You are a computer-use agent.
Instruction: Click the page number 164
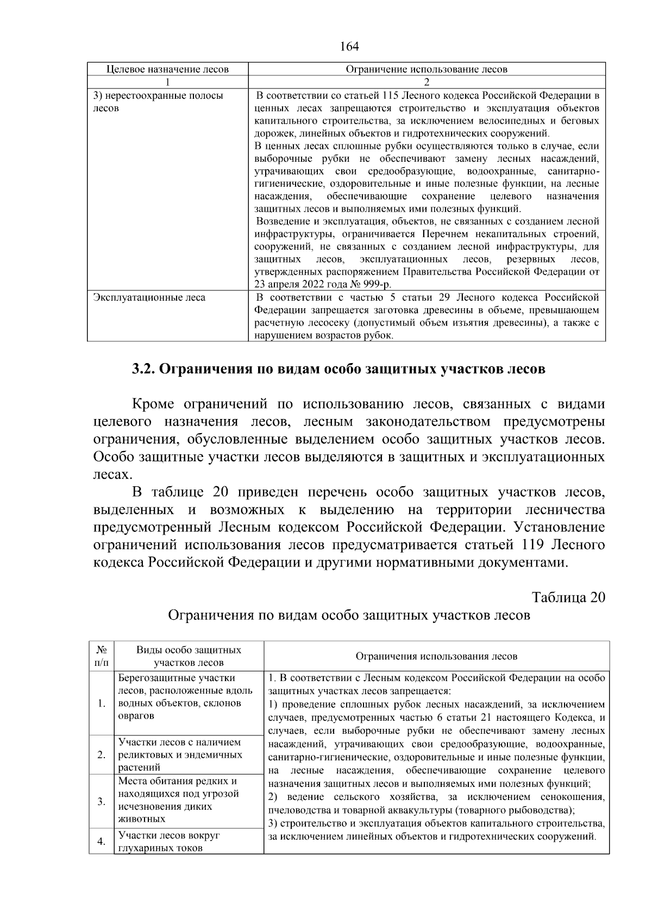(x=349, y=47)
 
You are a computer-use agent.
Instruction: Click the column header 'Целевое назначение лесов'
(x=167, y=69)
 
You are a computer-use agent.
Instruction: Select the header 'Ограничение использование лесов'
(x=427, y=69)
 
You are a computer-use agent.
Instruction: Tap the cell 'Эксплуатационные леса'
(x=149, y=298)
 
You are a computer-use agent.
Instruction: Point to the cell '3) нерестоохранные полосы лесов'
(x=159, y=102)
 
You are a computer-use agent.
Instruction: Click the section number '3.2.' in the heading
(x=144, y=369)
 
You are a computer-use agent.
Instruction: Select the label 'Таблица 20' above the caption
(x=568, y=598)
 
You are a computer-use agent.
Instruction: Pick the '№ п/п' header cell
(x=102, y=656)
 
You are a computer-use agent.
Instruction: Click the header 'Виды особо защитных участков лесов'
(x=189, y=656)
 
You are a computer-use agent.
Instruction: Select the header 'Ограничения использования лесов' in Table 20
(x=436, y=656)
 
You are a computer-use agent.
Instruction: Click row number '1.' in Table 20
(x=102, y=704)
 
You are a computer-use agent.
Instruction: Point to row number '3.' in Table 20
(x=102, y=802)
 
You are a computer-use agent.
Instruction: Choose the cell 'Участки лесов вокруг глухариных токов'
(x=170, y=842)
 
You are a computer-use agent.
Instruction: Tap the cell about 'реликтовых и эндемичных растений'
(x=180, y=755)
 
